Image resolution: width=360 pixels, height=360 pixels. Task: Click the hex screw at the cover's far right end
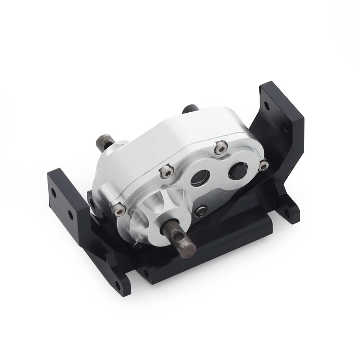coord(264,165)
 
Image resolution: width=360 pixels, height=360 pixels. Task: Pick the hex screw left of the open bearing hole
coord(166,172)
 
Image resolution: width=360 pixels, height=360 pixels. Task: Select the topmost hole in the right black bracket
coord(266,105)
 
